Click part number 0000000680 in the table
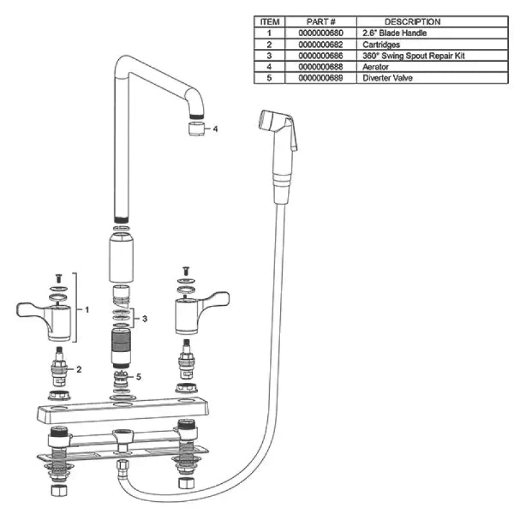tap(321, 33)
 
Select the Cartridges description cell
tap(381, 44)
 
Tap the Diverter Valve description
tap(387, 78)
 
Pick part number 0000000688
tap(321, 67)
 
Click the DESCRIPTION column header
tap(412, 22)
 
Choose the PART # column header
tap(321, 22)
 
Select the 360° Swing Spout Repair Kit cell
tap(413, 56)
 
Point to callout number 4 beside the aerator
tap(215, 129)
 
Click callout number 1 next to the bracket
tap(87, 310)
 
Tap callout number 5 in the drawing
tap(138, 377)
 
